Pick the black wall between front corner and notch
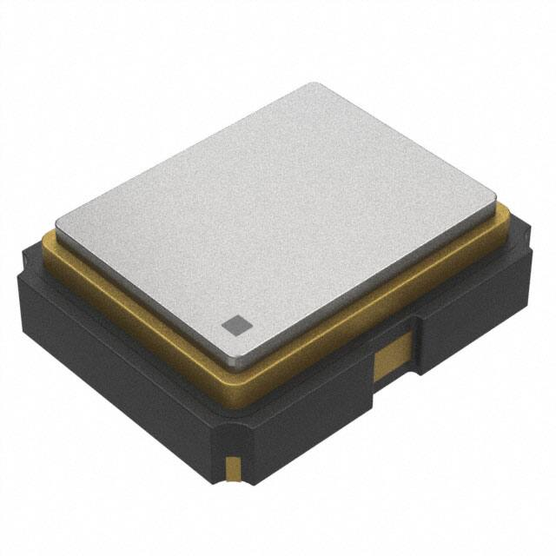coord(304,408)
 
